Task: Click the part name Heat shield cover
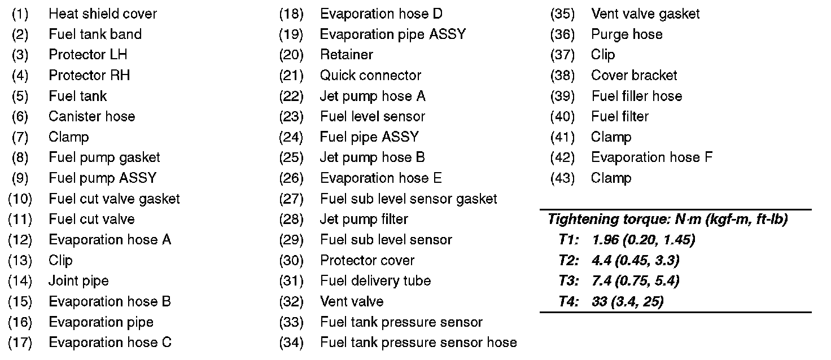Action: (103, 14)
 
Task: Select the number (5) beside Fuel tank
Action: (20, 96)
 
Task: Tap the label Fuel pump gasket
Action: (104, 157)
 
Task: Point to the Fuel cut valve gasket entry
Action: (114, 199)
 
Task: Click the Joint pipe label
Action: (78, 281)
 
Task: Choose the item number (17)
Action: (20, 343)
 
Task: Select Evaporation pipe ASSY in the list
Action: (392, 34)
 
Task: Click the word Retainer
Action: (346, 55)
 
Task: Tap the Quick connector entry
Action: (370, 75)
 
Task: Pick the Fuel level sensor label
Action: (373, 116)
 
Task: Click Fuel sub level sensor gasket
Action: (408, 199)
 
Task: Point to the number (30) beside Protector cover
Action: (291, 260)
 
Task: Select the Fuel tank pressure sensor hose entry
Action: (418, 343)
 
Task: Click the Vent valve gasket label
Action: (645, 14)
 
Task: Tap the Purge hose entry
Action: (627, 34)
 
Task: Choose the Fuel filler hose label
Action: (636, 96)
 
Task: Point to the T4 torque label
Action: (568, 301)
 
